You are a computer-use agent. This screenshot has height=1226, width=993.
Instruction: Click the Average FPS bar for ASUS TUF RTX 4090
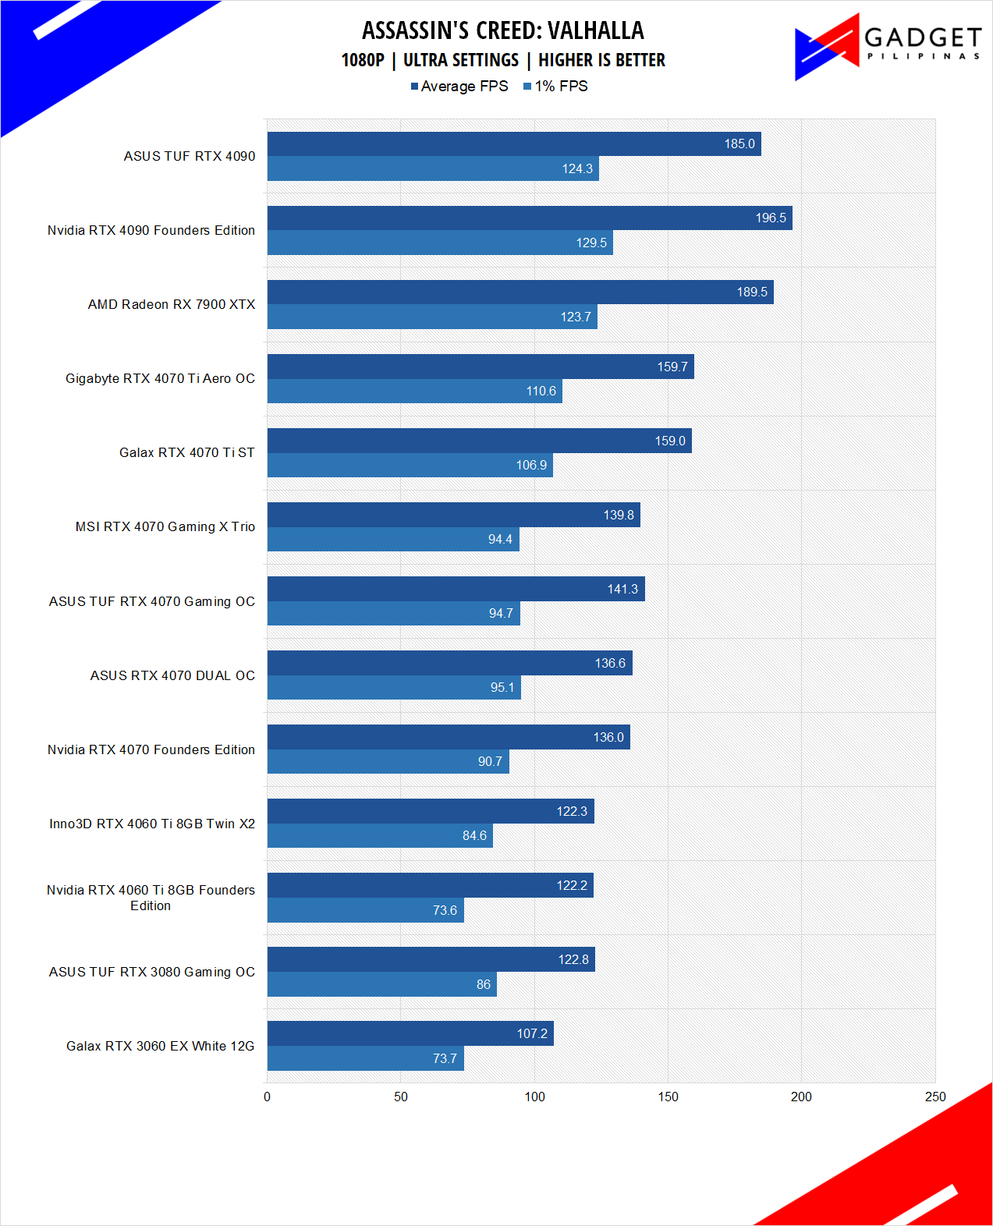[514, 144]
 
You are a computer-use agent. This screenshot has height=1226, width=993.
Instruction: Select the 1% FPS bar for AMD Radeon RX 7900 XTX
[432, 317]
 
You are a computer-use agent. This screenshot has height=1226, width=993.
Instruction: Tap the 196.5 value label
[771, 218]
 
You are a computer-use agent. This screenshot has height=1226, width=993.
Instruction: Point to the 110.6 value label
[541, 392]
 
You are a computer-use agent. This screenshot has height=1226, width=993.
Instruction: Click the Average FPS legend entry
[459, 87]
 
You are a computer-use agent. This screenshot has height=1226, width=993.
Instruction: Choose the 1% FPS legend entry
[555, 87]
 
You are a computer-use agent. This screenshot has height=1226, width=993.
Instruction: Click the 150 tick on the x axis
[668, 1097]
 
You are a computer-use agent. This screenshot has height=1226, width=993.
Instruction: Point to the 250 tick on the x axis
[934, 1097]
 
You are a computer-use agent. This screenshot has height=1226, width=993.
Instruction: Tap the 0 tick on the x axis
[268, 1097]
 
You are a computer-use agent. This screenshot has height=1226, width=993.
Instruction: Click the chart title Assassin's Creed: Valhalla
[503, 30]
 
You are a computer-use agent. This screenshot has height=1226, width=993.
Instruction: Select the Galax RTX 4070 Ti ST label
[187, 453]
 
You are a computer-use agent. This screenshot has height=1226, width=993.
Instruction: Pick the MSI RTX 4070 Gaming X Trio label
[165, 527]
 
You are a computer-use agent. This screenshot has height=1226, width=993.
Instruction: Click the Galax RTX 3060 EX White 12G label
[161, 1047]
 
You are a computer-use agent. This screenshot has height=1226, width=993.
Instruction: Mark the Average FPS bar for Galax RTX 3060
[410, 1033]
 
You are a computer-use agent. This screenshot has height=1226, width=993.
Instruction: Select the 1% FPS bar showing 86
[382, 984]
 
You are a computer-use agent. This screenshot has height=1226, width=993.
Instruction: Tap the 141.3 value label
[622, 590]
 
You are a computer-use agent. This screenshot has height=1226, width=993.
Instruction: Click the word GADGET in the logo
[923, 37]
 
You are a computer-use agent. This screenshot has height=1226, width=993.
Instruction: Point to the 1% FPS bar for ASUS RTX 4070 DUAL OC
[394, 687]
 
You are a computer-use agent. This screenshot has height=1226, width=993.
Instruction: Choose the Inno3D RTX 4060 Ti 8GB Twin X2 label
[152, 824]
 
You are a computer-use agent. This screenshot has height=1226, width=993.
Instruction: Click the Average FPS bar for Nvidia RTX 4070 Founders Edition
[449, 737]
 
